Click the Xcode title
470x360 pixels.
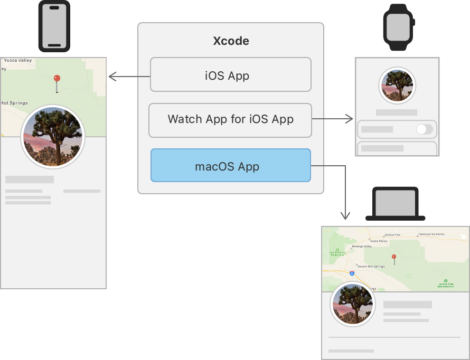[x=231, y=41]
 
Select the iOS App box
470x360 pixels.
[x=231, y=75]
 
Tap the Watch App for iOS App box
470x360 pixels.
[x=230, y=119]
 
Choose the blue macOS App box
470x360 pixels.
[x=231, y=166]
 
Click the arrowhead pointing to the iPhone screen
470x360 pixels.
[x=111, y=77]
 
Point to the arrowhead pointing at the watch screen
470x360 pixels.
[x=350, y=119]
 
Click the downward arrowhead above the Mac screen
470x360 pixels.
[x=345, y=216]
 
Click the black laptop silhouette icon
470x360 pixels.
[x=396, y=204]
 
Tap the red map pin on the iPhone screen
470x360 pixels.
[x=57, y=79]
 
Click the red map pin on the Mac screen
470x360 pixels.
[x=393, y=258]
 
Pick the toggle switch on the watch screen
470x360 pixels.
[x=424, y=129]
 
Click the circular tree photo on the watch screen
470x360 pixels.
[x=397, y=85]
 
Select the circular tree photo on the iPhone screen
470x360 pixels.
[x=52, y=136]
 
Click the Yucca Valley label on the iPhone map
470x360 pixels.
[x=18, y=61]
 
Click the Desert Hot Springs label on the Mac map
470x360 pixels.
[x=370, y=266]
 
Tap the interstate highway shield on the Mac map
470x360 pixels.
[x=352, y=273]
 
